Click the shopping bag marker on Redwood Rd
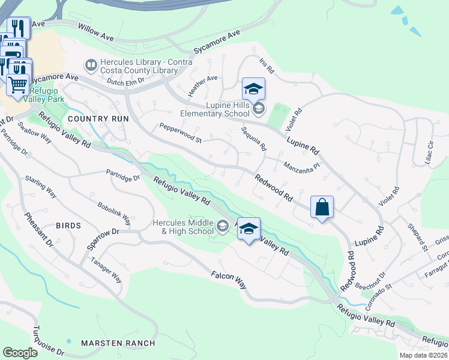pos(322,208)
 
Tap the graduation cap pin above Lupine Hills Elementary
pos(253,89)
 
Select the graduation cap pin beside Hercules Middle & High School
pos(249,229)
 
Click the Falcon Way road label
pos(229,280)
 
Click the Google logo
pos(20,353)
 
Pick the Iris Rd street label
pos(267,66)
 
